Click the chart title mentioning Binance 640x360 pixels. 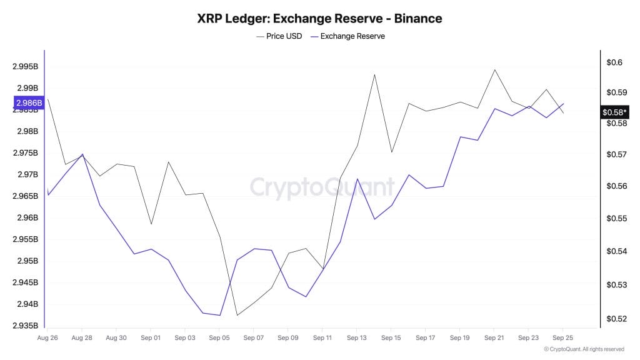(x=319, y=18)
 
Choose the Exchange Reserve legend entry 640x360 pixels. (x=352, y=36)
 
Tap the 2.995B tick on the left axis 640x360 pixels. (x=25, y=66)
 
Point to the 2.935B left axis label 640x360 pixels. (x=25, y=326)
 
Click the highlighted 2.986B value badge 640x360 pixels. (x=28, y=102)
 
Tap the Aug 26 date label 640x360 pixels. (x=47, y=338)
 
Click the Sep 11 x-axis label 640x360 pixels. (x=322, y=338)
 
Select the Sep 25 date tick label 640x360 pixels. (x=562, y=338)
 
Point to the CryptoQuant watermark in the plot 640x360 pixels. (x=322, y=187)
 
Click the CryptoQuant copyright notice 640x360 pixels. (x=584, y=349)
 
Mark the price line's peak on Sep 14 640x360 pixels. (x=374, y=74)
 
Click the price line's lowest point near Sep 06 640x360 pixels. (x=237, y=315)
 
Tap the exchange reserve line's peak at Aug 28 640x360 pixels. (x=82, y=154)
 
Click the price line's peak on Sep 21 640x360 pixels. (x=495, y=69)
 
